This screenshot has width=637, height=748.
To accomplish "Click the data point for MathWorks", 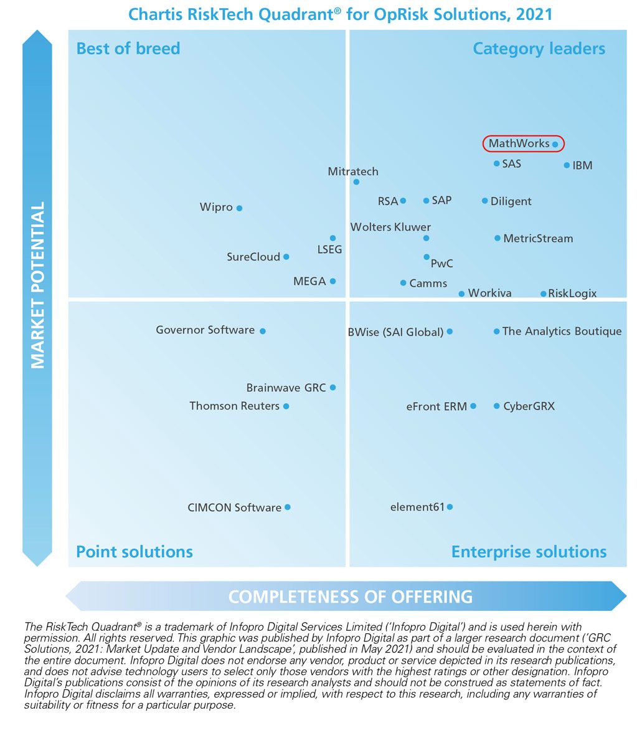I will point(555,144).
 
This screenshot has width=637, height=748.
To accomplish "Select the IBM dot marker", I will point(567,165).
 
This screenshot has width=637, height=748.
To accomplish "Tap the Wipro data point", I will point(239,208).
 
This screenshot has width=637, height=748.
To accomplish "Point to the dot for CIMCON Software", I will point(287,507).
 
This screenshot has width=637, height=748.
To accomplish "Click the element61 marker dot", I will point(450,507).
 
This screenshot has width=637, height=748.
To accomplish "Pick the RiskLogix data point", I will point(543,294).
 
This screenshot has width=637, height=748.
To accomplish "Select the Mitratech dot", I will point(356,182).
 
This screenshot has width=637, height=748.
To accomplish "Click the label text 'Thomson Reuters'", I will point(234,406).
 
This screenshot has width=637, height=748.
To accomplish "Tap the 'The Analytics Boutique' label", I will point(562,331).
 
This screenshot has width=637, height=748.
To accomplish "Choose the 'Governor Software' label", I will point(205,330).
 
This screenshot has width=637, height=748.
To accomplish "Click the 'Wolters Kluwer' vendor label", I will point(390,227).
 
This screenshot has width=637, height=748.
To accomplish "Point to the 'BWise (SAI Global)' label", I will point(395,332).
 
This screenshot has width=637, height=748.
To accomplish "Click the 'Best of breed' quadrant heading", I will point(128,49).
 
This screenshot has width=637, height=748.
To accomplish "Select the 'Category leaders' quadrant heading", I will point(539,49).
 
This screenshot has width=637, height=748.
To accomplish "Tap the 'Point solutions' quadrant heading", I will point(134,552).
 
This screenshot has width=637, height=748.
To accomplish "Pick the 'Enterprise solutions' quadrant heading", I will point(529,552).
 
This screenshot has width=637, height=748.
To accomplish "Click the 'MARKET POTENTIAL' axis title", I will point(37,285).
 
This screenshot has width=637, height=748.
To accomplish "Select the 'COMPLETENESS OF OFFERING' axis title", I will point(350,597).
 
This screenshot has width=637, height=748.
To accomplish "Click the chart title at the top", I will point(340,14).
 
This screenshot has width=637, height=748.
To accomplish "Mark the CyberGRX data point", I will point(496,406).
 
